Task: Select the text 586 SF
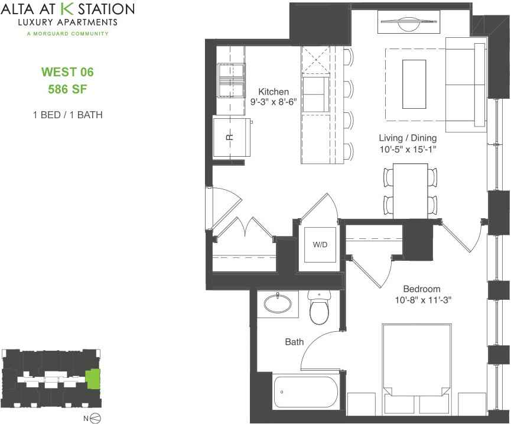(x=67, y=90)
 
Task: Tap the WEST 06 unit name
(x=67, y=73)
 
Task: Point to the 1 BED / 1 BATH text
(x=67, y=115)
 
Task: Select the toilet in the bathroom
(x=319, y=309)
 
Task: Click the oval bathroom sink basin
(x=277, y=304)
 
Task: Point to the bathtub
(x=305, y=392)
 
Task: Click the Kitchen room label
(x=274, y=92)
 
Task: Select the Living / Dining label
(x=408, y=138)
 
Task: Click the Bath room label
(x=294, y=341)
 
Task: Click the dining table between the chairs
(x=410, y=190)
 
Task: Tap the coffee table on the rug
(x=414, y=83)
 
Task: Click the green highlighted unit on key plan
(x=93, y=378)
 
